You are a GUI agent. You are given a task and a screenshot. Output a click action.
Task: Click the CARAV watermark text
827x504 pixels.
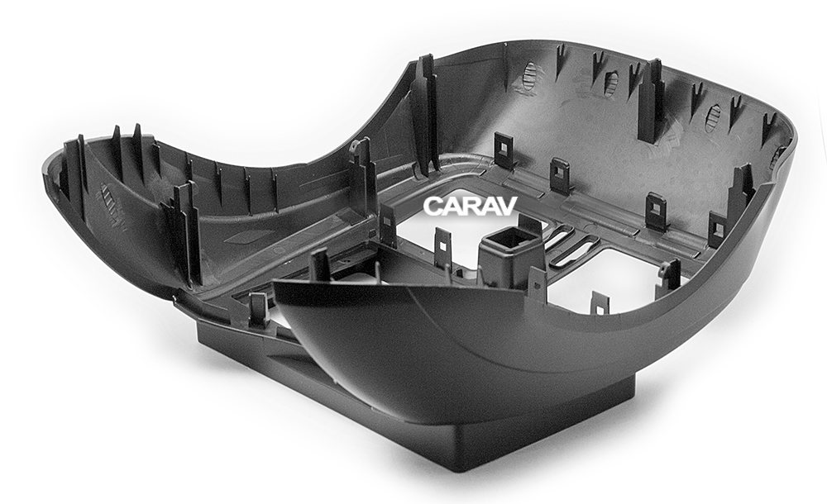click(x=469, y=206)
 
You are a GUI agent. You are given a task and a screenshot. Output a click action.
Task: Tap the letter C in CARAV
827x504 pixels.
click(x=433, y=206)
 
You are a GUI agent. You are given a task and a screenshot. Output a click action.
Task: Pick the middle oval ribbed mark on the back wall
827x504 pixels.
click(x=611, y=83)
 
